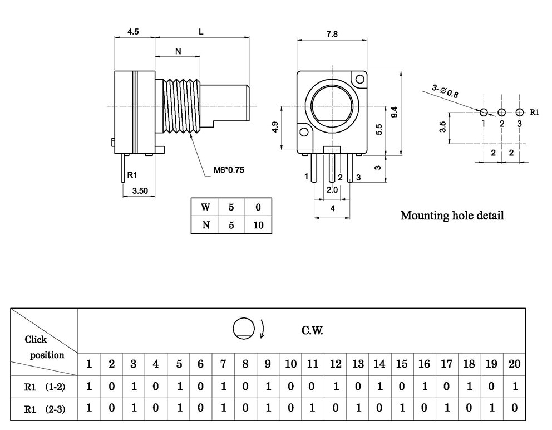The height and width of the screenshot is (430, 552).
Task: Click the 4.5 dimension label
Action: [x=133, y=32]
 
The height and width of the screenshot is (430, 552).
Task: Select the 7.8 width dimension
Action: [x=332, y=34]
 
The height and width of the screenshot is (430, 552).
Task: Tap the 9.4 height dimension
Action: [x=394, y=111]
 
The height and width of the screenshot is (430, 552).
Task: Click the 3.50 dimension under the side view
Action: [x=140, y=191]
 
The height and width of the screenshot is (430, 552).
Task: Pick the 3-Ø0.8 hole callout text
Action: [x=445, y=90]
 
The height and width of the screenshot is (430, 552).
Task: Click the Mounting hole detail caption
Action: [x=452, y=216]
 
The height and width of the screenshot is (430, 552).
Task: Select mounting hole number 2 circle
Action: [x=502, y=112]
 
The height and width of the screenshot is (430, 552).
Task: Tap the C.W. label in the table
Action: [x=312, y=331]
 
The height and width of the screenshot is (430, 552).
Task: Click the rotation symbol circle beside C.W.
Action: [x=243, y=328]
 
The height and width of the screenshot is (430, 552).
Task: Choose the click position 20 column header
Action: [x=514, y=364]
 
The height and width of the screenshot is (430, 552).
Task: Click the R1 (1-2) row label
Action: [x=45, y=386]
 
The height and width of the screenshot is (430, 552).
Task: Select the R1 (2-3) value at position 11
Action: [x=313, y=408]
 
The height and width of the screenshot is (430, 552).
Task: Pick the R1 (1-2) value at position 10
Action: [x=290, y=386]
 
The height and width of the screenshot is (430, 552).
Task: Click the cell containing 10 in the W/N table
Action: [x=258, y=226]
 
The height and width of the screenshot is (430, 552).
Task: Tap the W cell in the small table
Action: [x=205, y=207]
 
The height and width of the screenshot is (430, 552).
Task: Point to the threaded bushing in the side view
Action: [x=181, y=106]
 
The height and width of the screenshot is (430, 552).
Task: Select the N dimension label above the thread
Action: [x=178, y=51]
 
